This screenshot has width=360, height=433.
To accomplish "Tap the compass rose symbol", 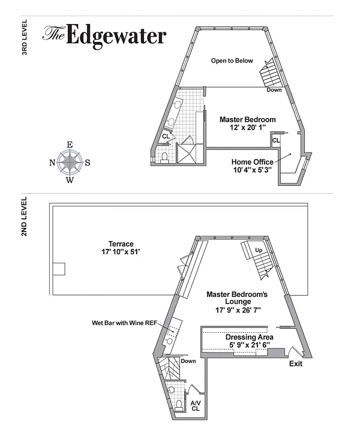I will (70, 162).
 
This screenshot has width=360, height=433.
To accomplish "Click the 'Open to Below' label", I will (232, 61).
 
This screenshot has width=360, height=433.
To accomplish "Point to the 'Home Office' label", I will (252, 162).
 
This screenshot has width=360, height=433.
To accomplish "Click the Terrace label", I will (121, 244).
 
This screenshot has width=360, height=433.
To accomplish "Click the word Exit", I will (296, 364).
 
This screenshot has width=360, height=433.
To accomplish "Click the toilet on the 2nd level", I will (178, 406).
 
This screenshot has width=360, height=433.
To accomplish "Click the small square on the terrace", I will (58, 269).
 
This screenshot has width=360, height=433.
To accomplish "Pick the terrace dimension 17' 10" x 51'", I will (121, 252).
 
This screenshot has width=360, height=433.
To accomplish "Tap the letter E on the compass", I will (70, 145).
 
